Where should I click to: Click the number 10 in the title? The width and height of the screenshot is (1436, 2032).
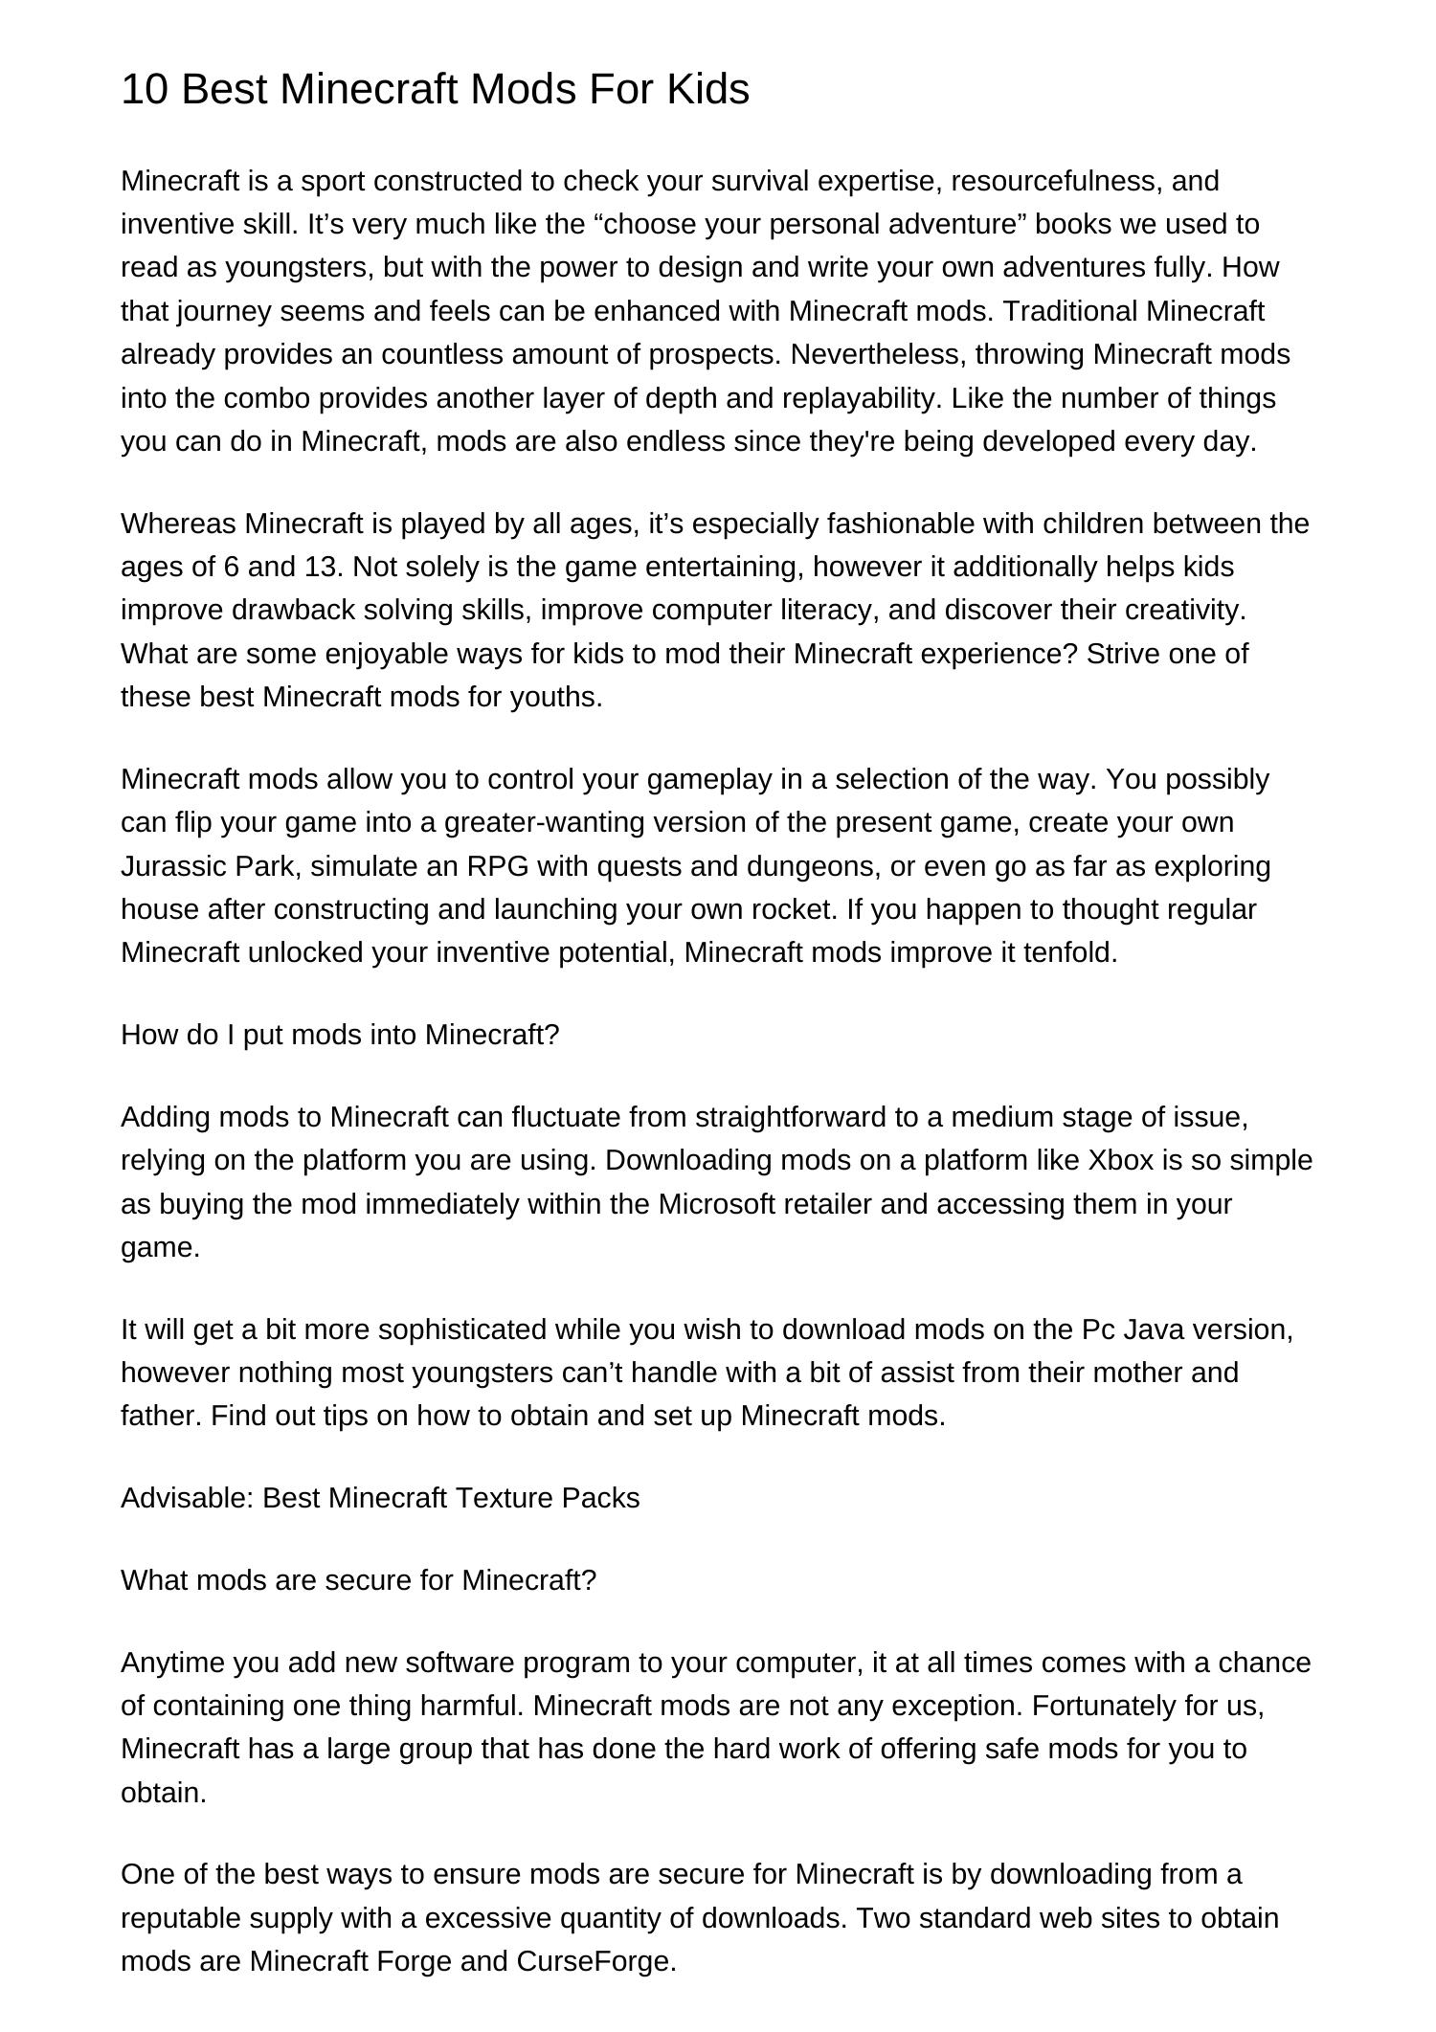(145, 90)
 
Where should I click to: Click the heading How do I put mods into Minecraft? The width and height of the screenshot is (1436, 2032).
(340, 1036)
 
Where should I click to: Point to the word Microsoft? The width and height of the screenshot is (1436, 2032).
(716, 1204)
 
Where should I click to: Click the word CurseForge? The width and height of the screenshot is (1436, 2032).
(595, 1962)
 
